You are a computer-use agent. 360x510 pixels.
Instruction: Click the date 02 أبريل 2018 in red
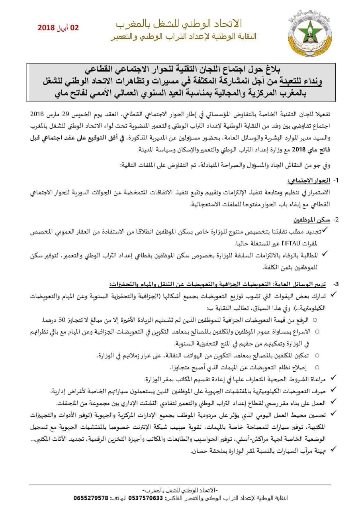pos(58,28)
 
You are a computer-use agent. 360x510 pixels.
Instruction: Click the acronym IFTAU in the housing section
pos(282,243)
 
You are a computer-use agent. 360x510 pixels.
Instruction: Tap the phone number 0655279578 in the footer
pos(91,498)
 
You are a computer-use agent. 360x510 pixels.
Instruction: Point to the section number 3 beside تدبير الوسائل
pos(336,284)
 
